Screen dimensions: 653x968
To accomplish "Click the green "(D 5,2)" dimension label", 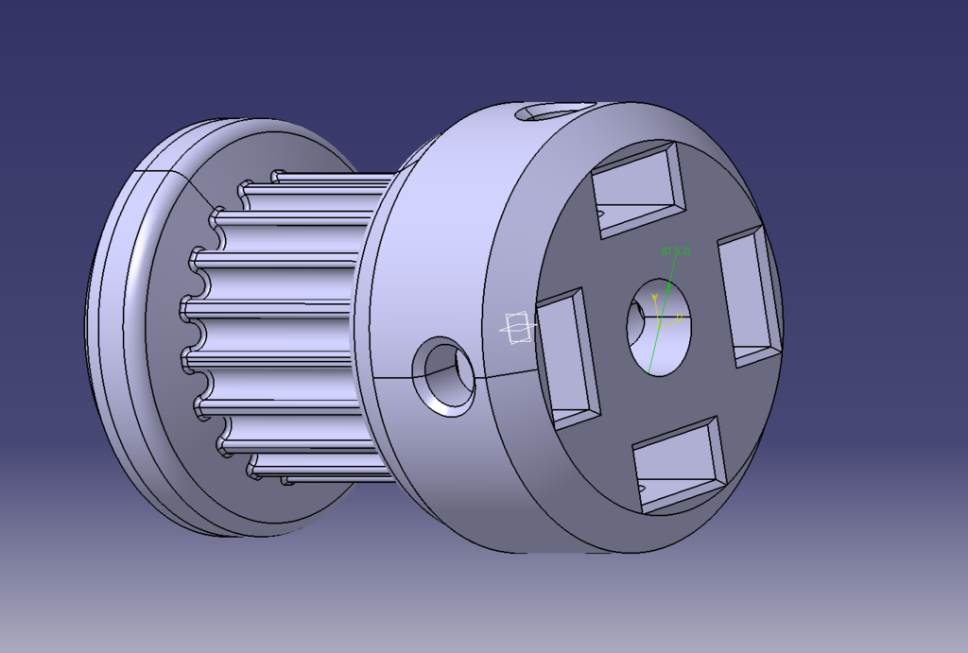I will tap(676, 250).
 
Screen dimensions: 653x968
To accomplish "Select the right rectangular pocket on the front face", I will tap(748, 293).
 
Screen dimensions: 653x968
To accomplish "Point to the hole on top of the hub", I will tap(547, 112).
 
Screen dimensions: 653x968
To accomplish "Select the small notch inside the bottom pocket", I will tap(644, 489).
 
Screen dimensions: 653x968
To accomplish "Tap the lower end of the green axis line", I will tap(648, 369).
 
